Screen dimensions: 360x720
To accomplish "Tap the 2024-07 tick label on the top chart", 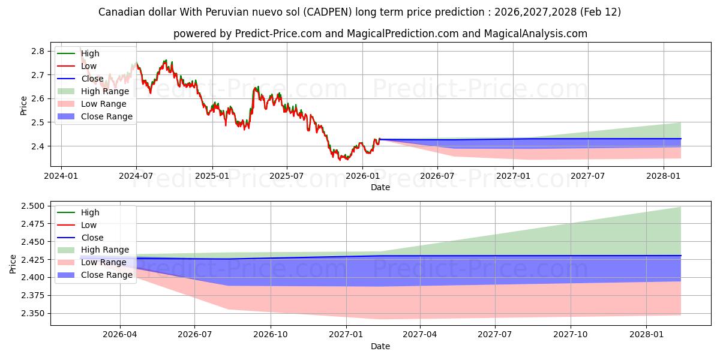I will point(136,176).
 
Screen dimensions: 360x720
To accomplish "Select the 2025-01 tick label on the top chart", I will point(212,176).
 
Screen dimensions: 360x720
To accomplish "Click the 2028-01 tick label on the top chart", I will point(664,176).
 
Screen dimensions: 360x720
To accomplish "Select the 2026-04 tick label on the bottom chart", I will point(120,335).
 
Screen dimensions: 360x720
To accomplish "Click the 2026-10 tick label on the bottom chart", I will point(271,335).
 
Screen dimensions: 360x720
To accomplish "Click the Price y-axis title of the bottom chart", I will point(13,264).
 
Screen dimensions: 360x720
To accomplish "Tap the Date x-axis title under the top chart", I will point(380,187).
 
